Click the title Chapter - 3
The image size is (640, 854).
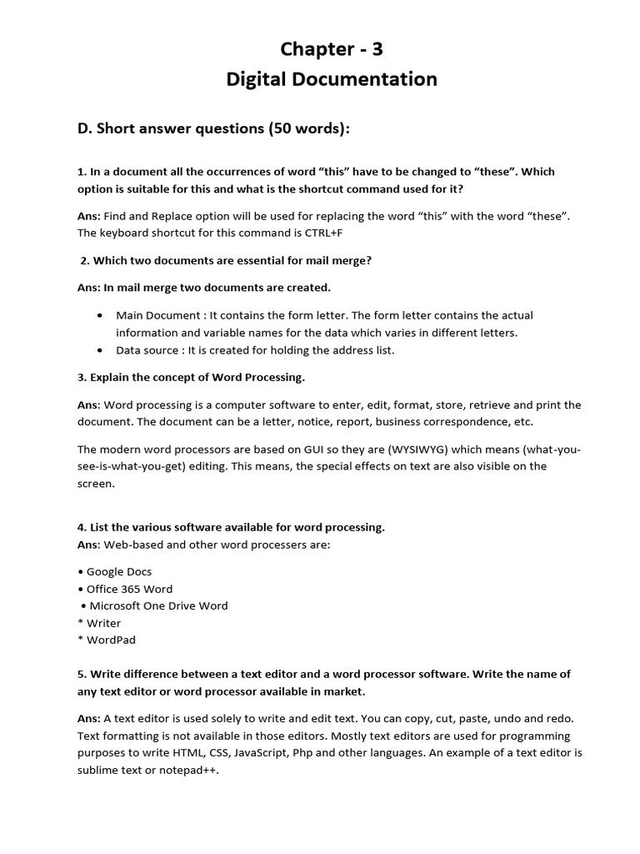click(332, 49)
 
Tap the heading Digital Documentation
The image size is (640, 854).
click(332, 79)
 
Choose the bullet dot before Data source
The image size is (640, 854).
click(100, 350)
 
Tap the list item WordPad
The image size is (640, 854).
click(111, 640)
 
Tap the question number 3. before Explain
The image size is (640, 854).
click(82, 377)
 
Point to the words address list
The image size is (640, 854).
click(362, 350)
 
